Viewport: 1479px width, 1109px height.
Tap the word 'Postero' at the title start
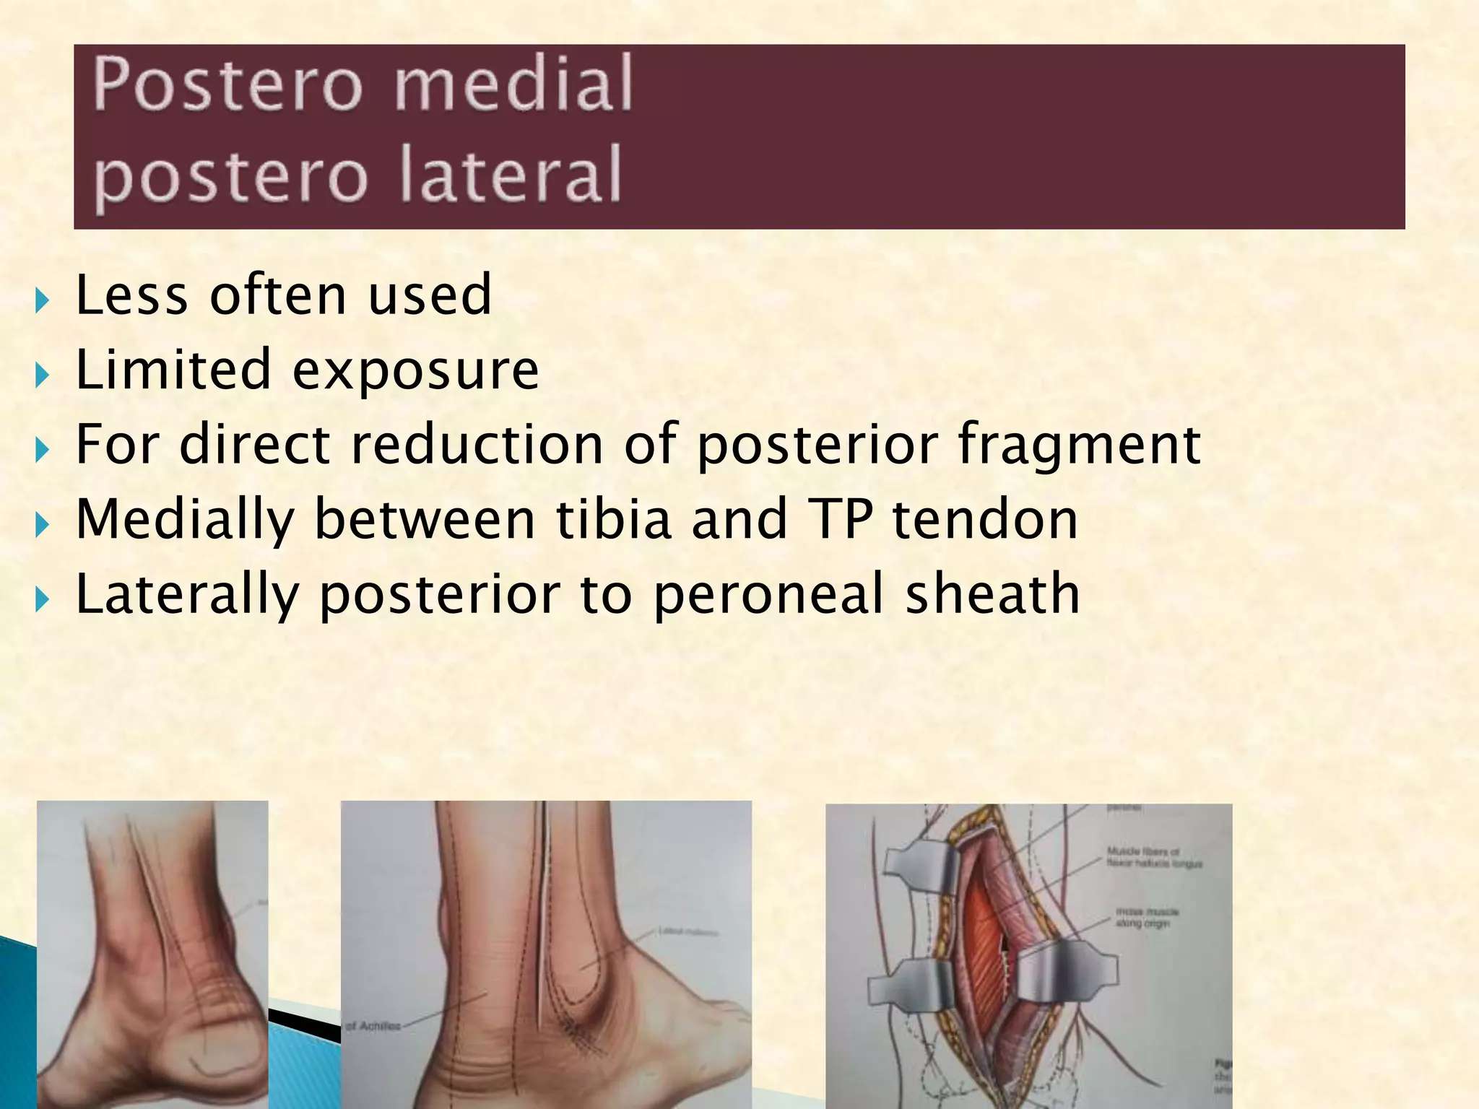click(x=227, y=84)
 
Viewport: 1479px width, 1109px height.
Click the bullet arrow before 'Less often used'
click(x=42, y=299)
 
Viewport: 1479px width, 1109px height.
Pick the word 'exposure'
click(x=415, y=370)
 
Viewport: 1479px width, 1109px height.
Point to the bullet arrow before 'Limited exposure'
click(x=42, y=374)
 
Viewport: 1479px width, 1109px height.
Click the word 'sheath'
click(x=992, y=593)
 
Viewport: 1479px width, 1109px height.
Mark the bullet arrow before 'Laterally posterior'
click(x=42, y=598)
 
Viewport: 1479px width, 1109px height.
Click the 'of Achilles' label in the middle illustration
click(x=373, y=1026)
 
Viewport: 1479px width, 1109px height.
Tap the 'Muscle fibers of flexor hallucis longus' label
click(x=1154, y=858)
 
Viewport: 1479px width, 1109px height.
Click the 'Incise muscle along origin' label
click(x=1147, y=918)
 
